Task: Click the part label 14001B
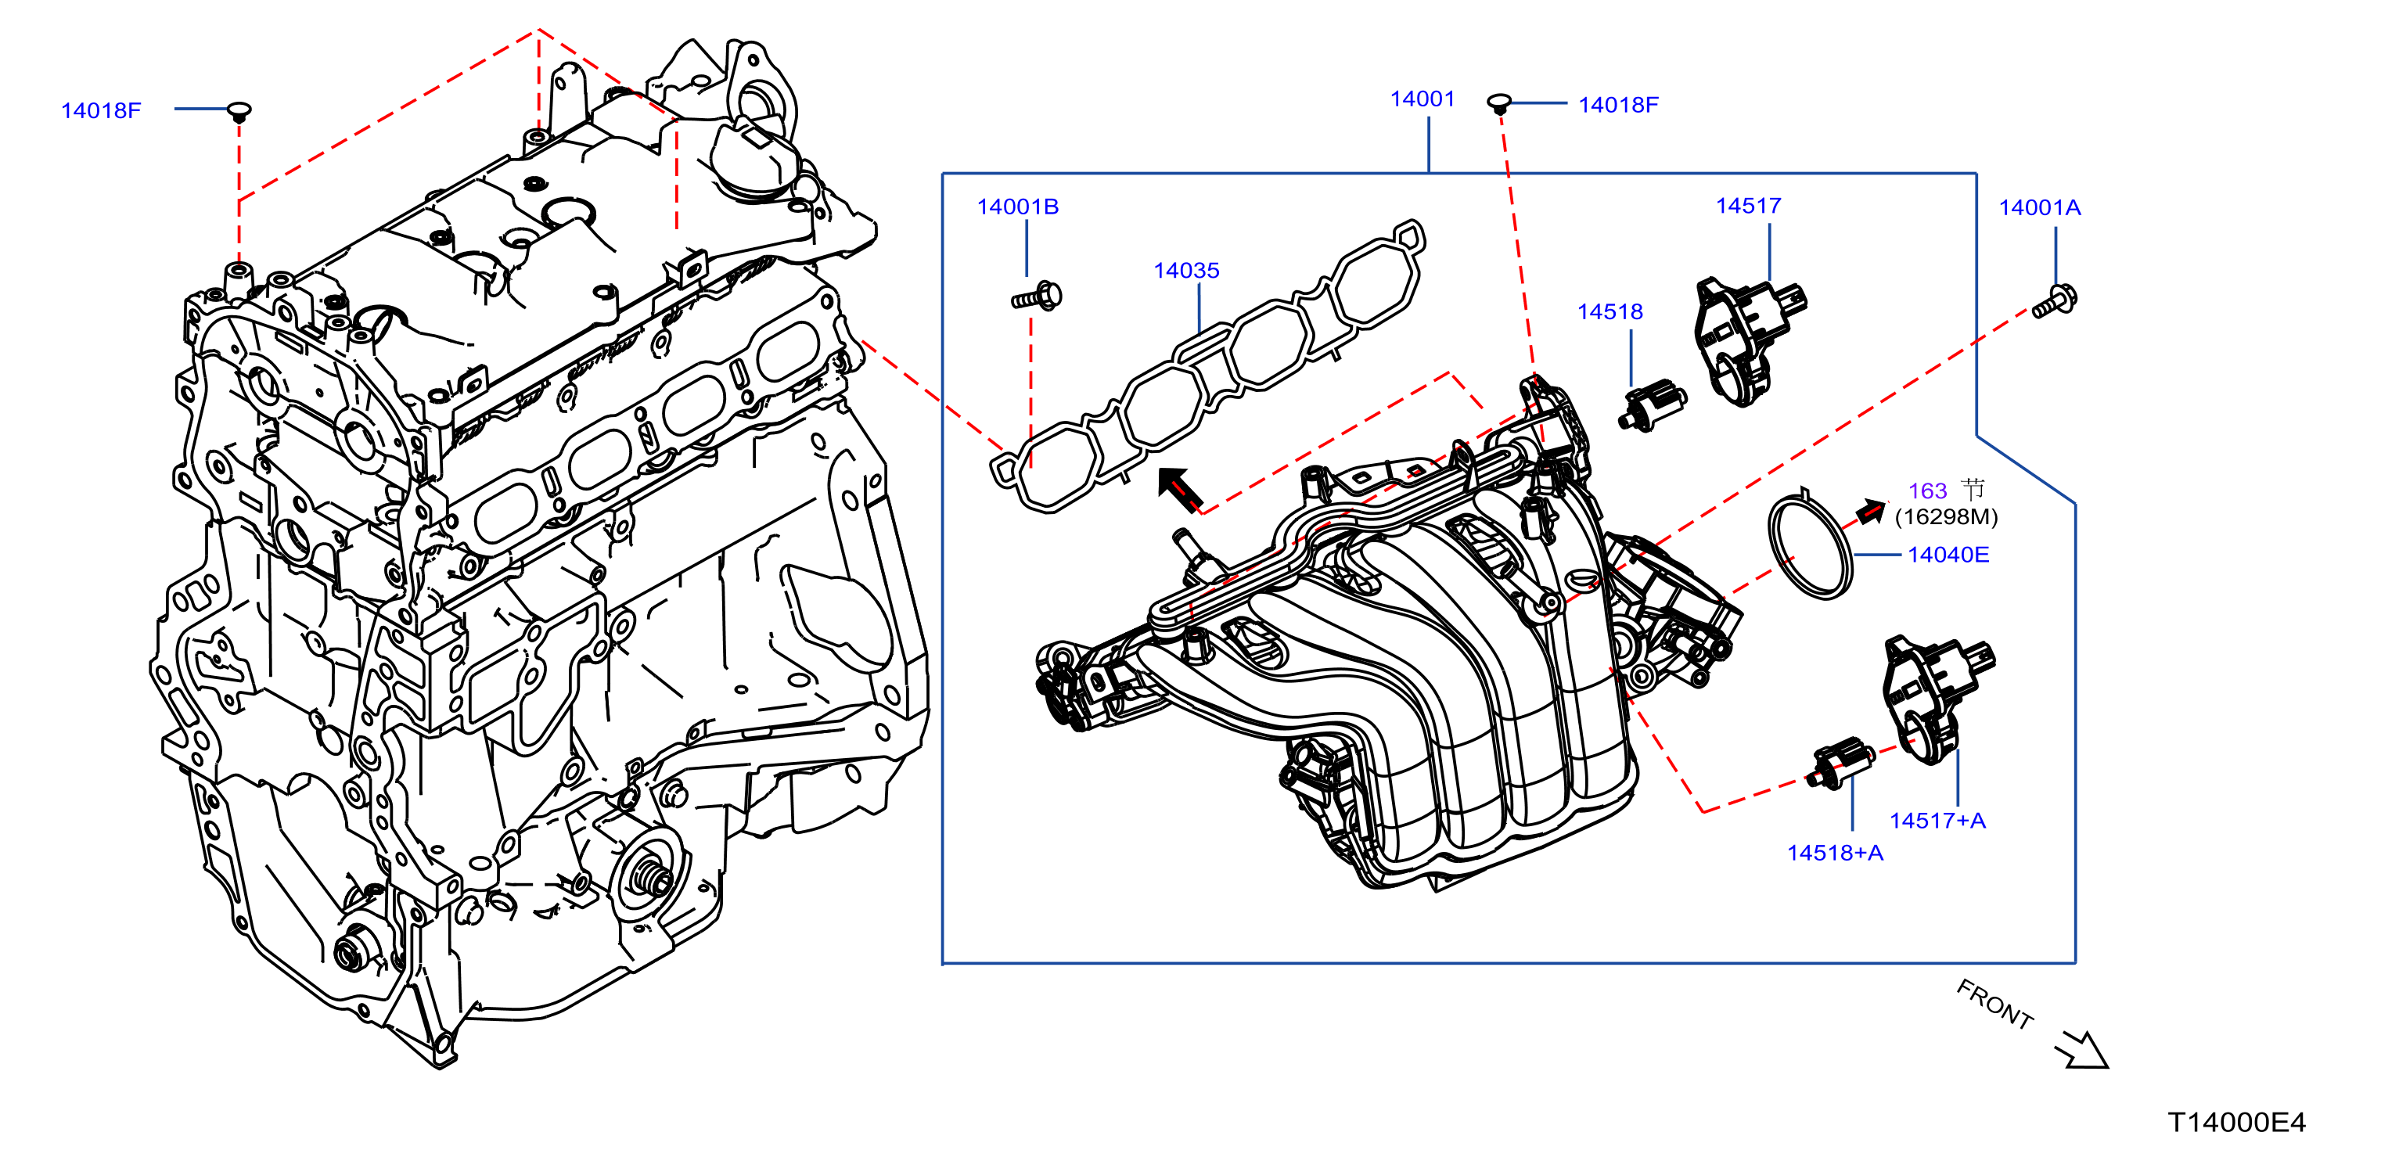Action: coord(1017,207)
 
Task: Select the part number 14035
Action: coord(1185,270)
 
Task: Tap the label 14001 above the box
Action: coord(1421,99)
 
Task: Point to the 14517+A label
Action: coord(1937,820)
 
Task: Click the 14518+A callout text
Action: coord(1835,852)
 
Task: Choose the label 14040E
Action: coord(1948,555)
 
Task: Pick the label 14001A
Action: coord(2040,207)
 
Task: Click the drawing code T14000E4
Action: coord(2236,1122)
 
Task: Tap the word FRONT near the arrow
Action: coord(1994,1005)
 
